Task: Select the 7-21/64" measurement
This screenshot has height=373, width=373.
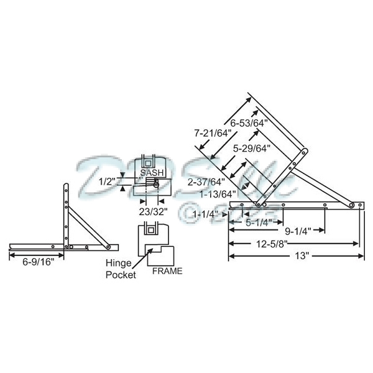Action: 212,134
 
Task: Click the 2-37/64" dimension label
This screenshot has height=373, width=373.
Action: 205,182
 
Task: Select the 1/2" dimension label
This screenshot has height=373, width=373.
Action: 107,182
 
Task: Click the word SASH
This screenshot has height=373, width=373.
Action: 152,172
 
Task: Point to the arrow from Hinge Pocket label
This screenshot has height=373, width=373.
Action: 140,256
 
